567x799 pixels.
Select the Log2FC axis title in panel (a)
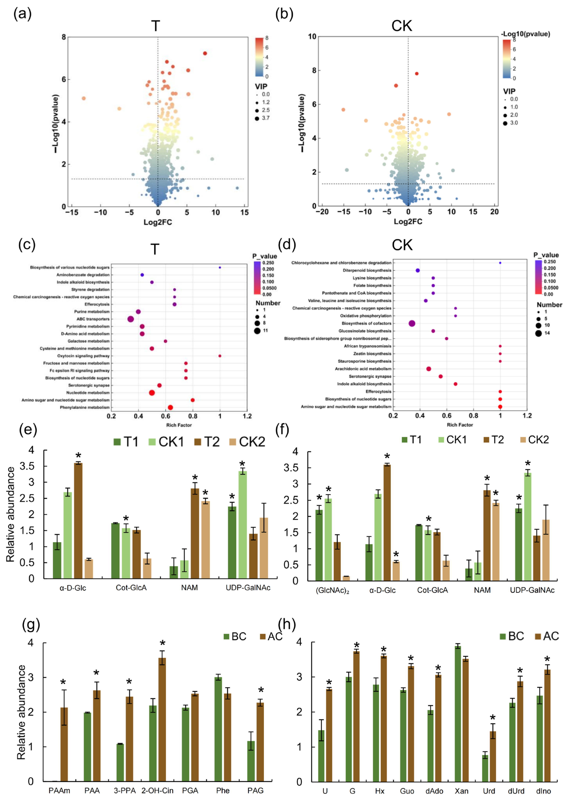(158, 222)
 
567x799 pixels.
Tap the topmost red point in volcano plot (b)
(417, 74)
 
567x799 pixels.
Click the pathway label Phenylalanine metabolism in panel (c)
(85, 407)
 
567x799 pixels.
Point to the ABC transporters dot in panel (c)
(131, 319)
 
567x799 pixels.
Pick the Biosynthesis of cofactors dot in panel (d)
(412, 324)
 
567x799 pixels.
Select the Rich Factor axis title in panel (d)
(460, 425)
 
